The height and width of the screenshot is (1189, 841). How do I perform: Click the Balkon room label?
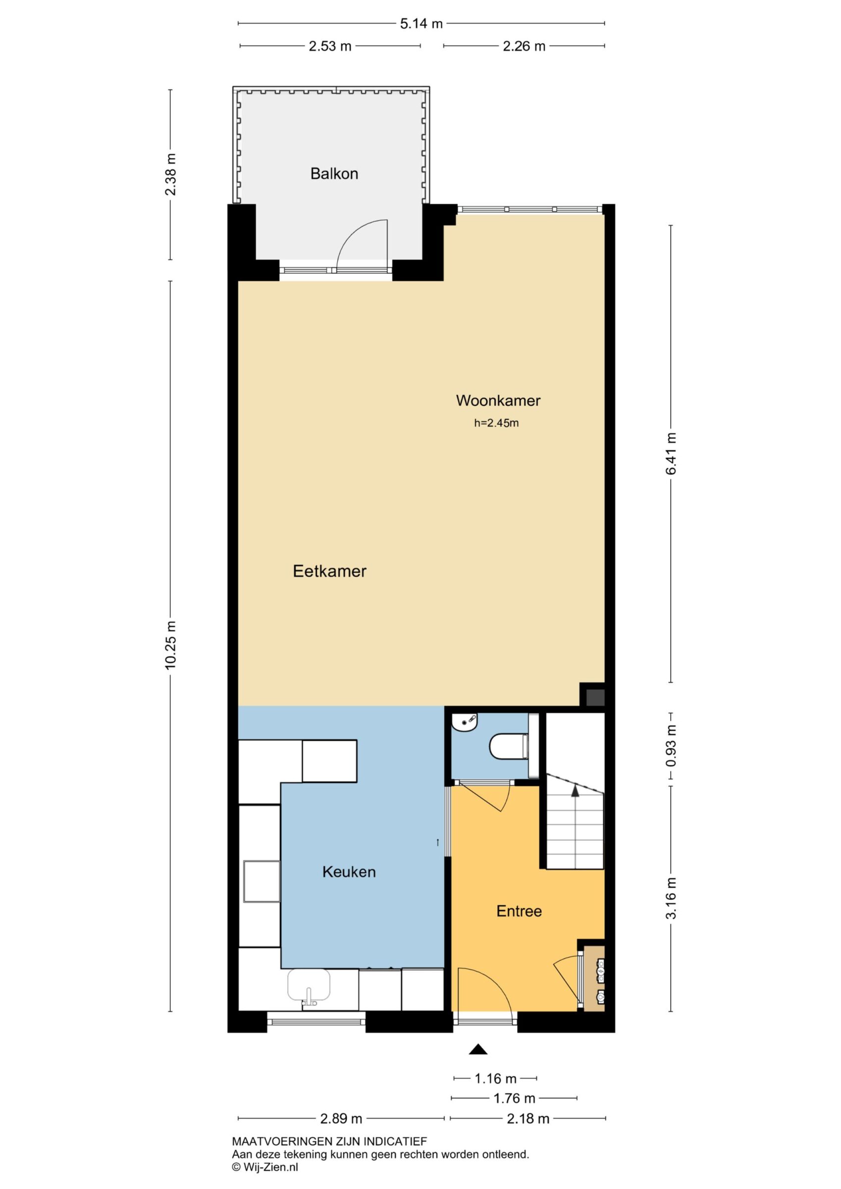334,173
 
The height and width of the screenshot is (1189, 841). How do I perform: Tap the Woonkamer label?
498,400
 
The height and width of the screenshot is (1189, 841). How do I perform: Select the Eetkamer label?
329,571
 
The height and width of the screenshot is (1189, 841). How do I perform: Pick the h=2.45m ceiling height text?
496,423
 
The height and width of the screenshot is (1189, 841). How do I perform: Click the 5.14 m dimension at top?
421,23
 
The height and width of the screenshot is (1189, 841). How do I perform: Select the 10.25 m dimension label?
171,645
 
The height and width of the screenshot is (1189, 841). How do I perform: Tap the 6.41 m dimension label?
671,453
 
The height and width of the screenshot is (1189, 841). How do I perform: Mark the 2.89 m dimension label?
341,1119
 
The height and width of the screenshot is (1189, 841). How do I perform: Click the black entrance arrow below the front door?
478,1049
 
